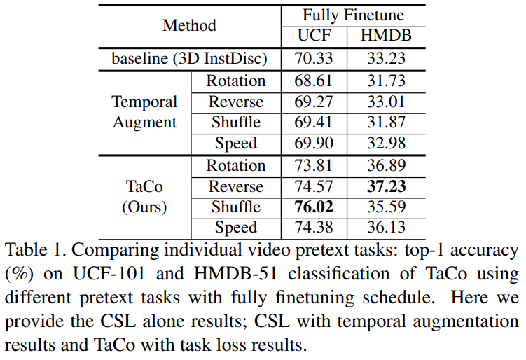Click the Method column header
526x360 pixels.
[189, 26]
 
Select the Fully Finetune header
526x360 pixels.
[353, 15]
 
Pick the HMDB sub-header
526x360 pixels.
[386, 36]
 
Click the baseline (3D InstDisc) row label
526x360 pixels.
[189, 59]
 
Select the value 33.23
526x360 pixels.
[386, 59]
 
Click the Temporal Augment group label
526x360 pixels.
[144, 112]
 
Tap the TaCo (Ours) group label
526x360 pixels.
[144, 197]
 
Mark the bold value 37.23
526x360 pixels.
[386, 187]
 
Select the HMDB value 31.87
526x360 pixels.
[386, 123]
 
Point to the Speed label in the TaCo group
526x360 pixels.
[235, 228]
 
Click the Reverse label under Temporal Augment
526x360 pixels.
[235, 102]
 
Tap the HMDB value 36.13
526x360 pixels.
[386, 228]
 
